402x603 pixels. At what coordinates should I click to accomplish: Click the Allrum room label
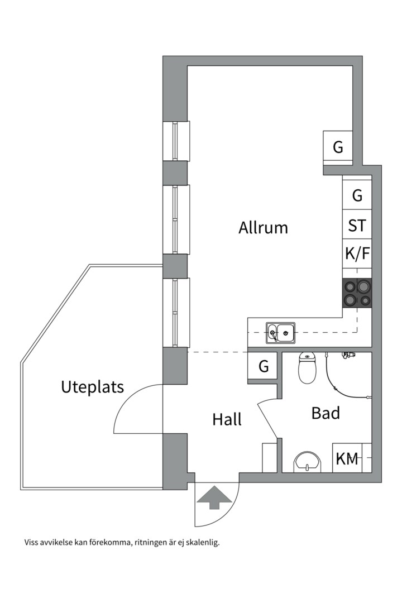263,228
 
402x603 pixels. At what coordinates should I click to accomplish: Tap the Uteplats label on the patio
92,387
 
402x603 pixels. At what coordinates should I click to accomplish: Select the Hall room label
227,419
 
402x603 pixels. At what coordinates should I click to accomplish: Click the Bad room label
326,413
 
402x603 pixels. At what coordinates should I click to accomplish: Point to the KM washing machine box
347,459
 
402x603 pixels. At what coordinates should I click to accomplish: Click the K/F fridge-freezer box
357,254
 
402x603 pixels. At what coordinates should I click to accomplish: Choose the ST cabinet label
357,226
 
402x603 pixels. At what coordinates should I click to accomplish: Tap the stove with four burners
357,293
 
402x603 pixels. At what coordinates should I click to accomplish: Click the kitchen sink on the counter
281,333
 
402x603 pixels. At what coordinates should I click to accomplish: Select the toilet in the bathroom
308,368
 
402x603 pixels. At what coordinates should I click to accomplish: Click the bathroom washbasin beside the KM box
308,462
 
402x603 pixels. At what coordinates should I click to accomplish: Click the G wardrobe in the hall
264,367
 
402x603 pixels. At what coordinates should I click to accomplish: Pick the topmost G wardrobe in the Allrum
338,147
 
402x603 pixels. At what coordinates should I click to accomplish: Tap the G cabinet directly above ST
357,195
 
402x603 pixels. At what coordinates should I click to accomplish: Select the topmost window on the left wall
176,141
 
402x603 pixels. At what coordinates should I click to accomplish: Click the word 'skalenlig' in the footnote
202,542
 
